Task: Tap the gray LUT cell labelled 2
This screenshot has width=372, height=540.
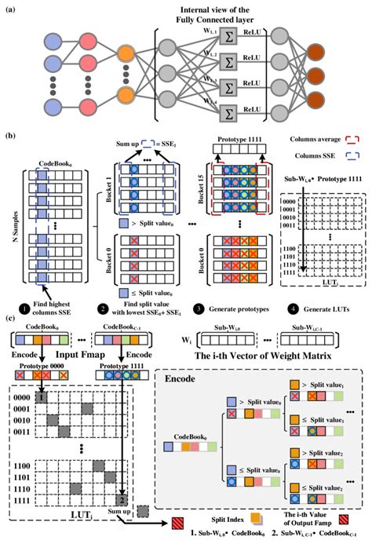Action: [123, 498]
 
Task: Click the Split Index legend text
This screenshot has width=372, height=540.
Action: [226, 516]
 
